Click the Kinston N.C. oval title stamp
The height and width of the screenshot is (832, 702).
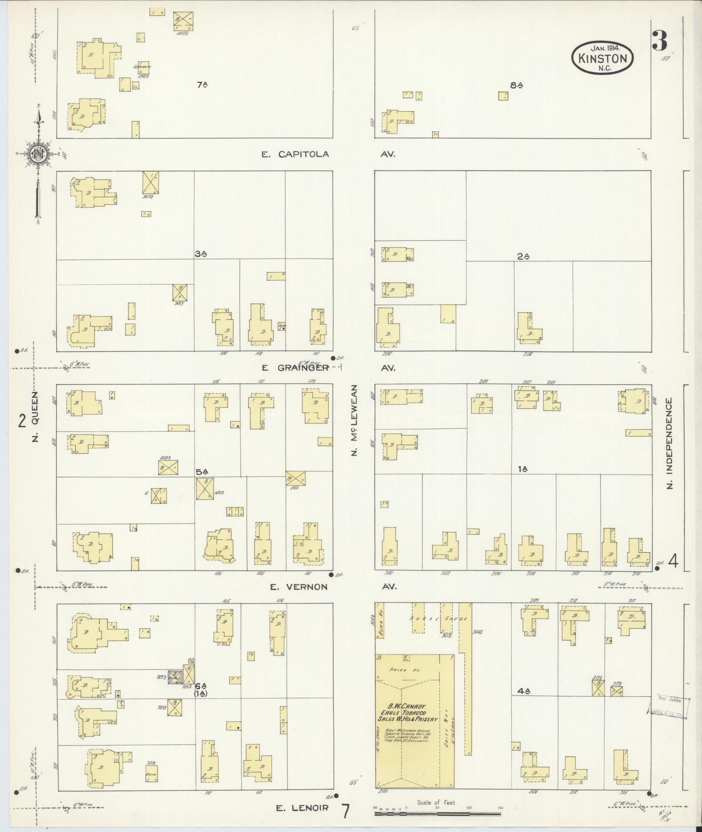(603, 58)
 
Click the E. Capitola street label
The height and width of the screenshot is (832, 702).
(295, 154)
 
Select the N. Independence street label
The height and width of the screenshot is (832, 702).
(669, 443)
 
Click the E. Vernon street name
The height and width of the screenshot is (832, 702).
(298, 587)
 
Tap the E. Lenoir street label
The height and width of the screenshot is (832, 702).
(302, 809)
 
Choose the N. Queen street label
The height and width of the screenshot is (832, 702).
(36, 416)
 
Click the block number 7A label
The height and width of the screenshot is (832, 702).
(201, 85)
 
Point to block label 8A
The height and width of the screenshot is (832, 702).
(516, 86)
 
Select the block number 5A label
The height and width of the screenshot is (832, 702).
(202, 471)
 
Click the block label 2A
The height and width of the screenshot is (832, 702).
(523, 257)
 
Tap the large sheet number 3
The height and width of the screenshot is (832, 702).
(660, 41)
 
